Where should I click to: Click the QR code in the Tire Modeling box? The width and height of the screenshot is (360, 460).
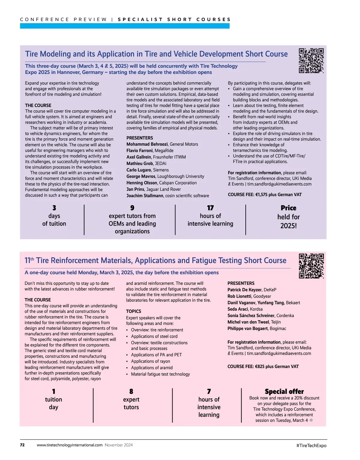coord(311,61)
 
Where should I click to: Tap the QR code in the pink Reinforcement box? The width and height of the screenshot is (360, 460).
coord(311,266)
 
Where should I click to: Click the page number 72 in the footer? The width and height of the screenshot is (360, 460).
coord(22,445)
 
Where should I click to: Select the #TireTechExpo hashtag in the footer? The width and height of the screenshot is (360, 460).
coord(311,445)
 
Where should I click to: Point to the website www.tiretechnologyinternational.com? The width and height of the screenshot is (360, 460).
coord(70,445)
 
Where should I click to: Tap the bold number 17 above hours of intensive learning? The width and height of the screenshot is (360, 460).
coord(210,208)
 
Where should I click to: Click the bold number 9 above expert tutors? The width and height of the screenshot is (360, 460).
coord(132,208)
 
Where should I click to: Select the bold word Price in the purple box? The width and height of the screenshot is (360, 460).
coord(288,208)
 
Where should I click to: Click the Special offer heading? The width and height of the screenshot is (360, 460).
coord(284,391)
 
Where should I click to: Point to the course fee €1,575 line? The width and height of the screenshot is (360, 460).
coord(265,194)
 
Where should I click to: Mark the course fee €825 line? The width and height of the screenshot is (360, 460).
coord(263,367)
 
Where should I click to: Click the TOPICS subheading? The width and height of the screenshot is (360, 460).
coord(133,311)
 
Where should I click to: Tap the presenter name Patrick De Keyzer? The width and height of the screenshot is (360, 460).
coord(244,290)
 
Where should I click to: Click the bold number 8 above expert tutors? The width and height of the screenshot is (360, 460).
coord(131,391)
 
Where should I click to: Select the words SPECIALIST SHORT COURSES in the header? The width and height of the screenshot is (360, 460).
coord(174,19)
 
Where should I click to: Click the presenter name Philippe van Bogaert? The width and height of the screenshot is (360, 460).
coord(247,328)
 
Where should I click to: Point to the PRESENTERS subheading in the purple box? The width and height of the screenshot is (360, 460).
coord(139,138)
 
